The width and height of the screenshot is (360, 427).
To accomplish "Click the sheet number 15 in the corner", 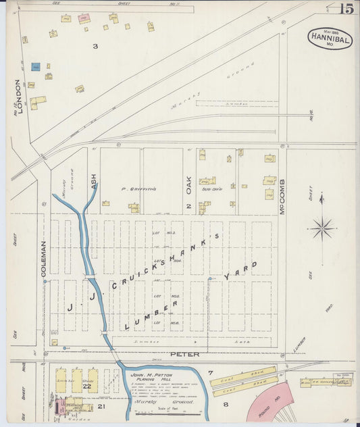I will coord(346,9).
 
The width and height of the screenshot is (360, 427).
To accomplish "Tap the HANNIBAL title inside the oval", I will coord(330,40).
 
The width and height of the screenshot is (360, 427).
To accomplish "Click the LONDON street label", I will coord(18,96).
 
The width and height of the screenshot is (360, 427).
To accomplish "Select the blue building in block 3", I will coord(36,66).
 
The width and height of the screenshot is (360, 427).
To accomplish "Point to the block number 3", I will coord(95,46).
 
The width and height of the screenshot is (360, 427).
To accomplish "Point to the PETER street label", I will coord(183,353).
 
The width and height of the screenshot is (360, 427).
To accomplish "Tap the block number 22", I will coord(86,386).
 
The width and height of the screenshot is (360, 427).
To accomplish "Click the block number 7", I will coord(210,372).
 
